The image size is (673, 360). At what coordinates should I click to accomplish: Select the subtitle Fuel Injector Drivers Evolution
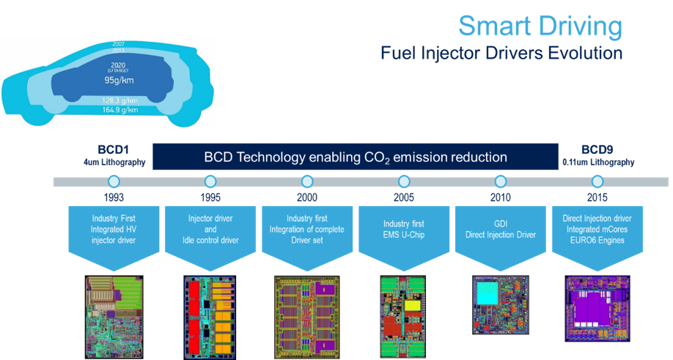(x=501, y=54)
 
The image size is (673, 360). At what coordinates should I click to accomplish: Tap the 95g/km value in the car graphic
(x=117, y=79)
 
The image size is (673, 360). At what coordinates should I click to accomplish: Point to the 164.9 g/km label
(x=117, y=110)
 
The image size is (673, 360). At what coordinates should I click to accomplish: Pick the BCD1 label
(x=114, y=150)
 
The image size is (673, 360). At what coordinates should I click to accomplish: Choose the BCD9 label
(x=595, y=150)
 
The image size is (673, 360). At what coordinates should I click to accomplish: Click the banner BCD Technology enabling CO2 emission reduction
(x=355, y=157)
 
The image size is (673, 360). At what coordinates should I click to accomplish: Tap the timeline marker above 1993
(x=114, y=181)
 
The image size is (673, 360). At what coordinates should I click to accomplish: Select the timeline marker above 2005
(x=403, y=181)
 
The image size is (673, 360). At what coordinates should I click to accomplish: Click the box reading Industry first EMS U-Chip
(x=403, y=224)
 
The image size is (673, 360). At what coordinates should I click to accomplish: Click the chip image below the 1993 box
(x=114, y=307)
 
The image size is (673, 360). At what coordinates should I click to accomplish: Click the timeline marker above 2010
(x=500, y=181)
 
